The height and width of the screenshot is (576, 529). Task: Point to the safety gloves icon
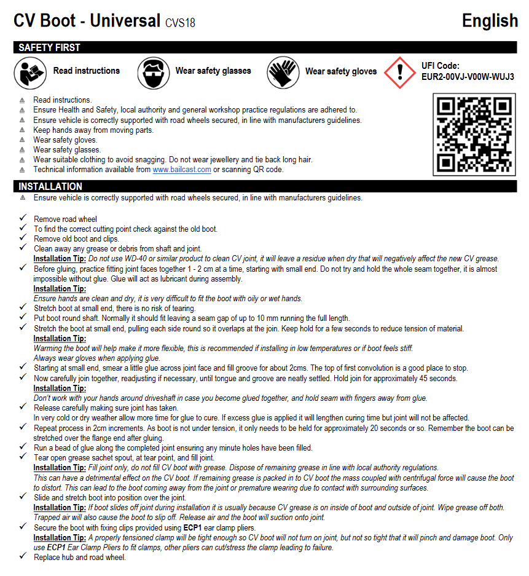[x=283, y=72]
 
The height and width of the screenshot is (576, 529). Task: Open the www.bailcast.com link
[x=182, y=170]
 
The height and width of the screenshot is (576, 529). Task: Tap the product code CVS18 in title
[x=180, y=23]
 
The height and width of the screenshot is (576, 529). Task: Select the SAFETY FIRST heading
[x=49, y=47]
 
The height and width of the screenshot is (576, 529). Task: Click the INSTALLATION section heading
[x=50, y=186]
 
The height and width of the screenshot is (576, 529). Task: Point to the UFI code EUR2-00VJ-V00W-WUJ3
[x=468, y=77]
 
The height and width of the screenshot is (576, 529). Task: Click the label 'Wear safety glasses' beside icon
[x=213, y=71]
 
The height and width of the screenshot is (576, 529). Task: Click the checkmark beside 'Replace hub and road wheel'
[x=23, y=557]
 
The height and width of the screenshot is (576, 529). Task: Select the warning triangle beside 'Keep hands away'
[x=23, y=130]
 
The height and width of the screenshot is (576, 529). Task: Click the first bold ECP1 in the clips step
[x=193, y=527]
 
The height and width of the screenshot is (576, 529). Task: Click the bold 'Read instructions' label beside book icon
[x=87, y=71]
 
